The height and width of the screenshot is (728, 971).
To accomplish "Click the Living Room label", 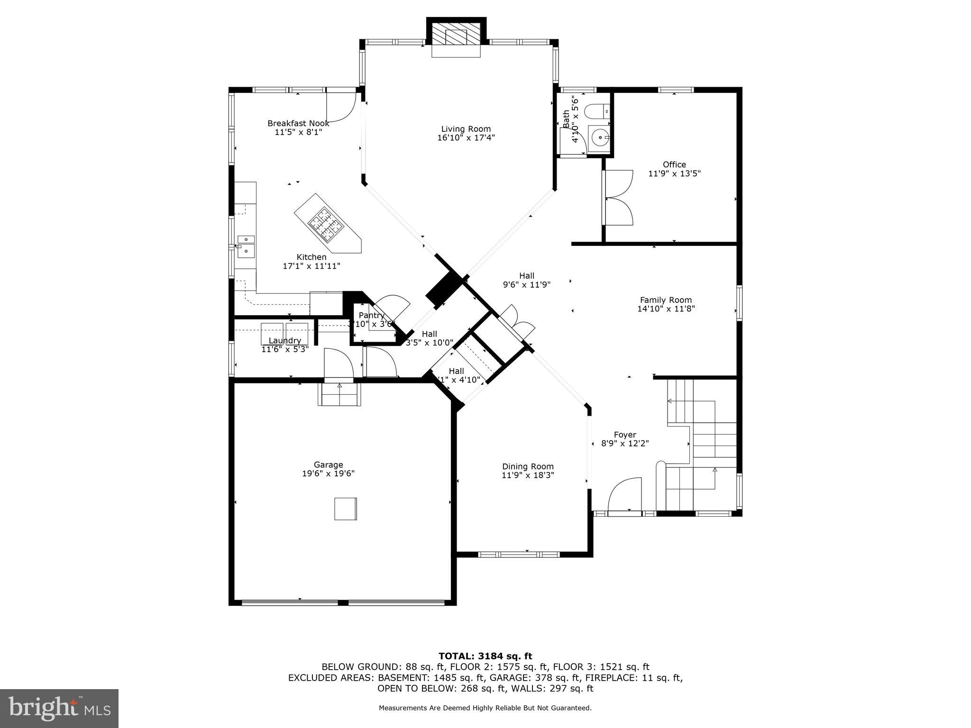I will [x=466, y=129].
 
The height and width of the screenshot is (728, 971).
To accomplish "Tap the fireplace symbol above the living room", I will [x=456, y=38].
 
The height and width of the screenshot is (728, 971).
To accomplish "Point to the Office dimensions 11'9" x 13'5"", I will [x=674, y=173].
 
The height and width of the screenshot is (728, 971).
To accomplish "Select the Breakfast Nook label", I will [x=298, y=123].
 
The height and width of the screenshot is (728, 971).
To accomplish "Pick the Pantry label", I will [x=371, y=315].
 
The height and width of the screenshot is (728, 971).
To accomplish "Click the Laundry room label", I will [x=284, y=340].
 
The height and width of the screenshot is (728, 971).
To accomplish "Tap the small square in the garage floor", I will [x=346, y=509].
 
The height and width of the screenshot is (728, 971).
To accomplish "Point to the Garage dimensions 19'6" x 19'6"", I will [x=328, y=473].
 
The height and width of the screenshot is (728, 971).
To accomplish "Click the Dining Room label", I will [x=528, y=466].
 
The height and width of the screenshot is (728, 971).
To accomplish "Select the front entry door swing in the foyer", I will [x=624, y=495].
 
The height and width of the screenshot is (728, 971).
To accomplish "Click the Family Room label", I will [x=666, y=300].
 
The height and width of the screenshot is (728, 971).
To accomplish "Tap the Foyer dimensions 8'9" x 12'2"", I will [x=625, y=444].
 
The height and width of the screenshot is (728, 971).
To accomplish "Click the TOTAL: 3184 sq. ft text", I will [x=485, y=656].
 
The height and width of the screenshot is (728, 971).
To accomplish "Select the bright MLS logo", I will [x=59, y=708].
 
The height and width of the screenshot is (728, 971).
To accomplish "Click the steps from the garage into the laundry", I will [x=339, y=394].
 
